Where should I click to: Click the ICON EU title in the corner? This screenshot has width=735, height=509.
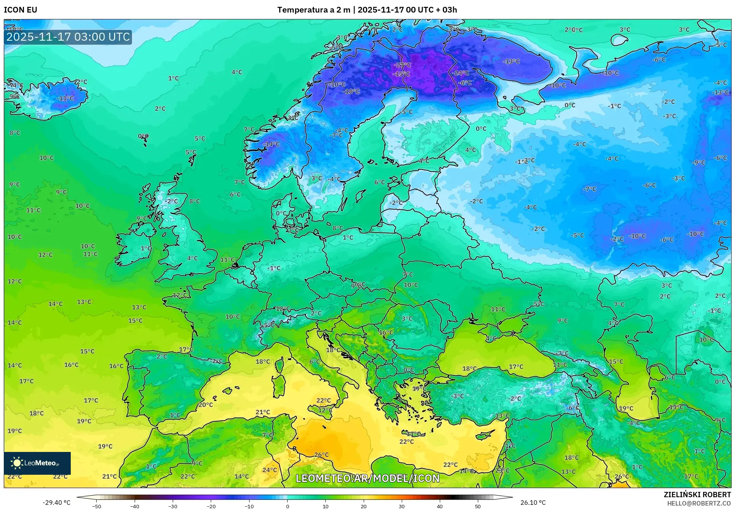(21, 10)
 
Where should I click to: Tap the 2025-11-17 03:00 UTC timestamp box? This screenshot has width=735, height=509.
(68, 37)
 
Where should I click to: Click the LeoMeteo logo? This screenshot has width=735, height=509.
(37, 463)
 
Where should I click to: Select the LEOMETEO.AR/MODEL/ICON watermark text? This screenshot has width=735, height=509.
(367, 478)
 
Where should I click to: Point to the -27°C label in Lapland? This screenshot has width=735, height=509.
(402, 65)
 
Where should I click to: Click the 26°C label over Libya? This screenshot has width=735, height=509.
(321, 455)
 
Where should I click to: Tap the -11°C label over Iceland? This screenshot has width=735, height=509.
(65, 98)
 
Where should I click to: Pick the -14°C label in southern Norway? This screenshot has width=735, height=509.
(271, 144)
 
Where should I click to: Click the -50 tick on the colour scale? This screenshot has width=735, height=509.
(97, 506)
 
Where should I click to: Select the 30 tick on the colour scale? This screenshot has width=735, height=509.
(402, 506)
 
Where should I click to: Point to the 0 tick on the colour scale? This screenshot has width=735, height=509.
(287, 506)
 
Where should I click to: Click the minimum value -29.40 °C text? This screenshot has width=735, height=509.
(56, 503)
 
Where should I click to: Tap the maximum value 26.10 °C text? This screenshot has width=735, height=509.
(533, 503)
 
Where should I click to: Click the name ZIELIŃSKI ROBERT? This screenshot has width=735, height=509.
(697, 495)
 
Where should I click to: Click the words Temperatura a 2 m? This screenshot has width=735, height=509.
(313, 10)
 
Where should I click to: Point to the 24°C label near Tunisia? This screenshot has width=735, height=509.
(270, 470)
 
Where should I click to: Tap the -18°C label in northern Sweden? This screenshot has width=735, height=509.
(351, 91)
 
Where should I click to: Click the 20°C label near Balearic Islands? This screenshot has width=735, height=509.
(205, 405)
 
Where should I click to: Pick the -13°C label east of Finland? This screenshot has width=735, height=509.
(511, 61)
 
